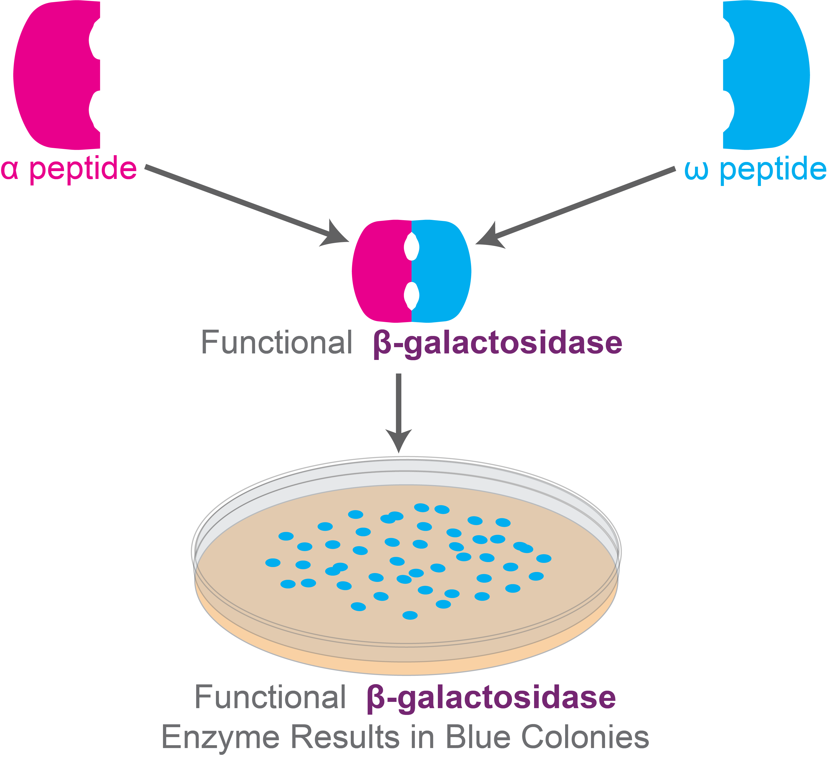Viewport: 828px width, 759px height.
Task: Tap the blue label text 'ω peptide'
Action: (755, 169)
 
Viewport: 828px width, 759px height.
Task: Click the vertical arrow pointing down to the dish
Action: (398, 411)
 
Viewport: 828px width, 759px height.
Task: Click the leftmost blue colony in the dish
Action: (273, 563)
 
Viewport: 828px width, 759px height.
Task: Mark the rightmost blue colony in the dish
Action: (544, 558)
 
